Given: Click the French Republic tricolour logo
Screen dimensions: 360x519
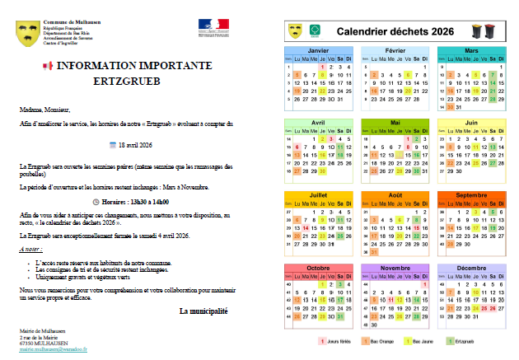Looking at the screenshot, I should pos(212,27).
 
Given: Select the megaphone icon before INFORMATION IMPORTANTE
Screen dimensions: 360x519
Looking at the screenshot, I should pos(46,66).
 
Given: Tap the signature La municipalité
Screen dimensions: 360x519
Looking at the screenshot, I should pos(203,311).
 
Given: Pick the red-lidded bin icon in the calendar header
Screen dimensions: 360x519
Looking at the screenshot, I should pos(492,31).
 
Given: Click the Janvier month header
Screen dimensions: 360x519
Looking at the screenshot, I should pos(318,51).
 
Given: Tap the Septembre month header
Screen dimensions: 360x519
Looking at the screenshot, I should pos(471,195).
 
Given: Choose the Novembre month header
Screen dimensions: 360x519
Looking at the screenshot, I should pos(395,269).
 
